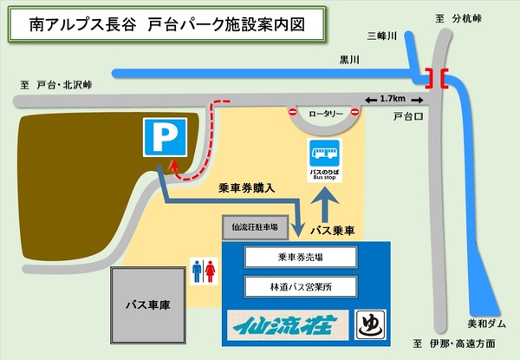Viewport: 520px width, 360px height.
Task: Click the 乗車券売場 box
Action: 301,257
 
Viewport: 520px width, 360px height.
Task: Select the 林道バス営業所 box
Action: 301,285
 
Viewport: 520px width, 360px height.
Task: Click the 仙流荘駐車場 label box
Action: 255,227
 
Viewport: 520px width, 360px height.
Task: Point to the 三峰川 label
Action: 381,36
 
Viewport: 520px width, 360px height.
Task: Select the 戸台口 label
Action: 406,115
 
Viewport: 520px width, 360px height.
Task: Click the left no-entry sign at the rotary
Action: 294,113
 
